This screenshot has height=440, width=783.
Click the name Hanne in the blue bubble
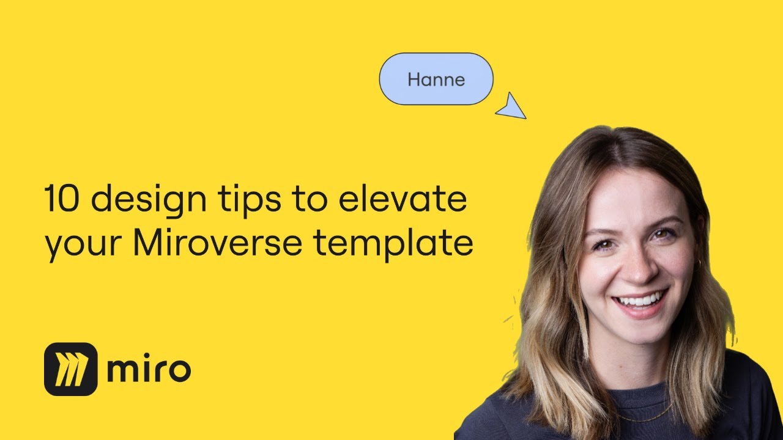tap(436, 79)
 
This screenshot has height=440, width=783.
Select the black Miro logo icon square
tap(71, 369)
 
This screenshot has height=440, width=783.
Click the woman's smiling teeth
tap(640, 301)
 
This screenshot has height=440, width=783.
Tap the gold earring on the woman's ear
tap(697, 263)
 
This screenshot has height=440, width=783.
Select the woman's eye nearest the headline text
tap(603, 244)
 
